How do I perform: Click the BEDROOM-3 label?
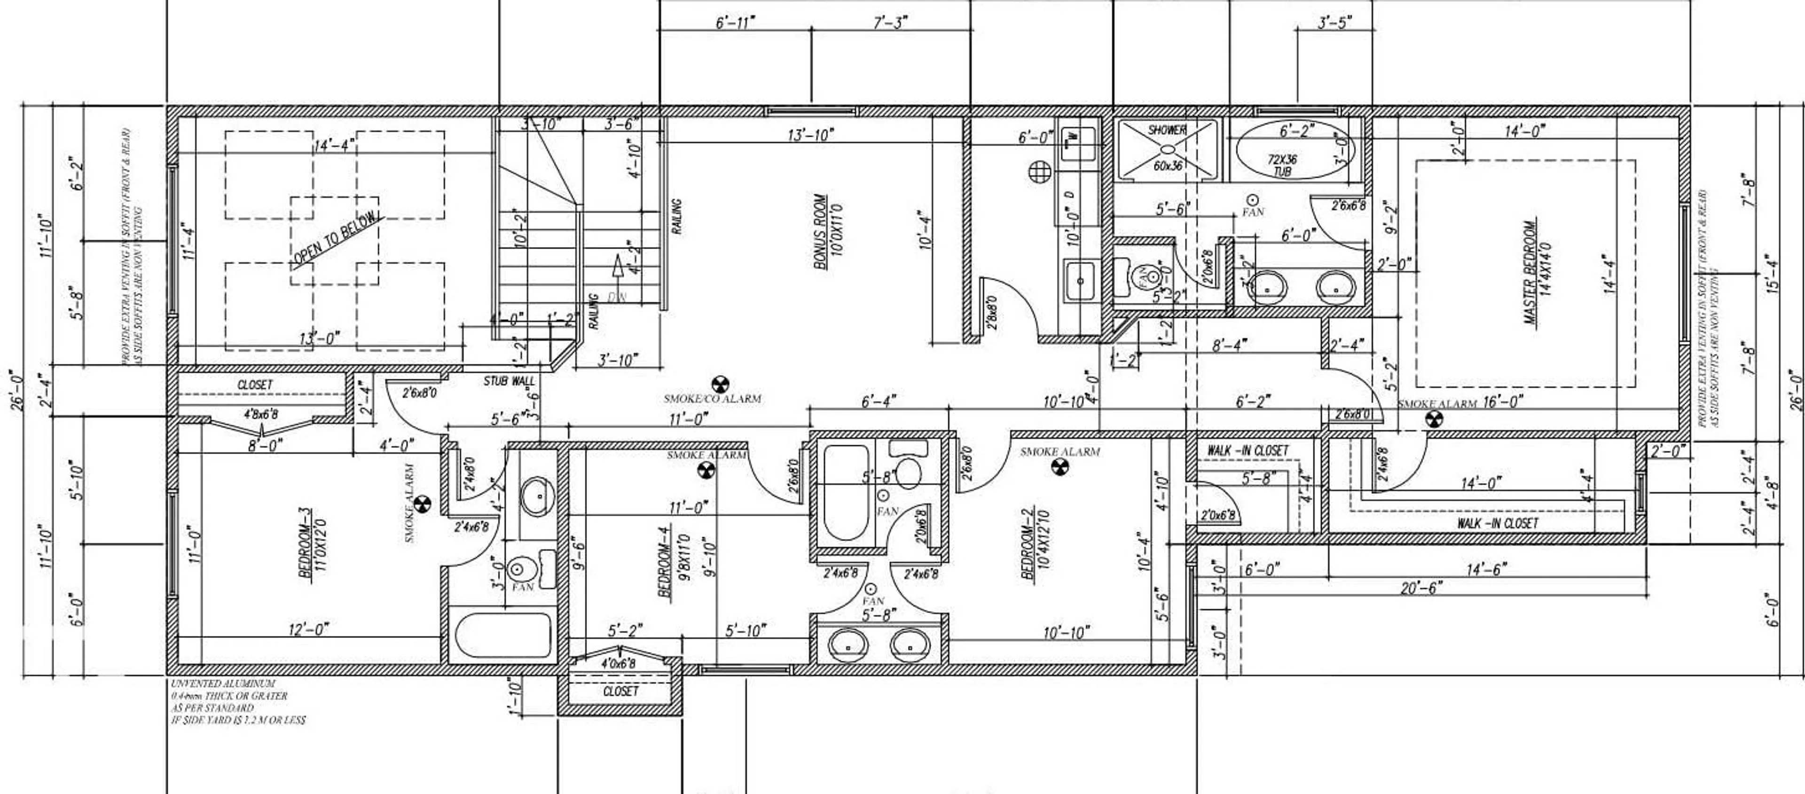click(310, 543)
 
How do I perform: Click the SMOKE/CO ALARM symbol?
click(720, 384)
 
